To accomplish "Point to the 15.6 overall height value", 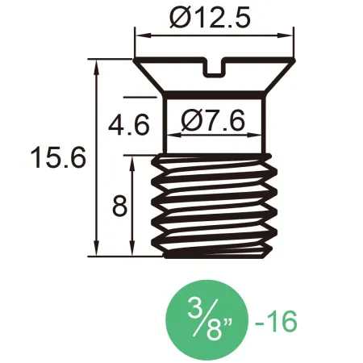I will coord(56,157).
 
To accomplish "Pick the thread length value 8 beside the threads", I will coord(119,207).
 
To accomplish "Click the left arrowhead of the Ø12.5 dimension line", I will coord(140,35).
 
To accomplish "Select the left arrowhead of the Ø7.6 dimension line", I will coord(169,136).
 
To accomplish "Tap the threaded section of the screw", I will coord(215,206).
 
